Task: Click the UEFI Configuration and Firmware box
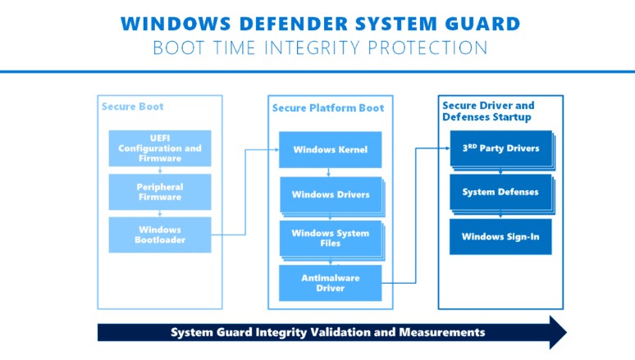(x=160, y=148)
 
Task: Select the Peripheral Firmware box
(x=160, y=192)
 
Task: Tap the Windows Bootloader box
(x=160, y=235)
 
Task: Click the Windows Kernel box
(x=330, y=149)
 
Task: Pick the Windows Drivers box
(x=331, y=195)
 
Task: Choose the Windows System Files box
(x=331, y=239)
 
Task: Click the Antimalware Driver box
(x=330, y=283)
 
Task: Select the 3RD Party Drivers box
(x=501, y=148)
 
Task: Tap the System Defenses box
(x=501, y=193)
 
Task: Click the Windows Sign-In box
(x=500, y=237)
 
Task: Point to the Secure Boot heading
(x=132, y=107)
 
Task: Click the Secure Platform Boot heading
(x=328, y=108)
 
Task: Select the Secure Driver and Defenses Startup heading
(x=488, y=112)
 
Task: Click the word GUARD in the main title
(x=482, y=24)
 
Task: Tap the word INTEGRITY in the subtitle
(x=312, y=48)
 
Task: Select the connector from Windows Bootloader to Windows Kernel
(x=245, y=193)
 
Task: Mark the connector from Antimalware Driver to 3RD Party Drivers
(x=415, y=216)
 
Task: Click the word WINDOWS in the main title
(x=176, y=24)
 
